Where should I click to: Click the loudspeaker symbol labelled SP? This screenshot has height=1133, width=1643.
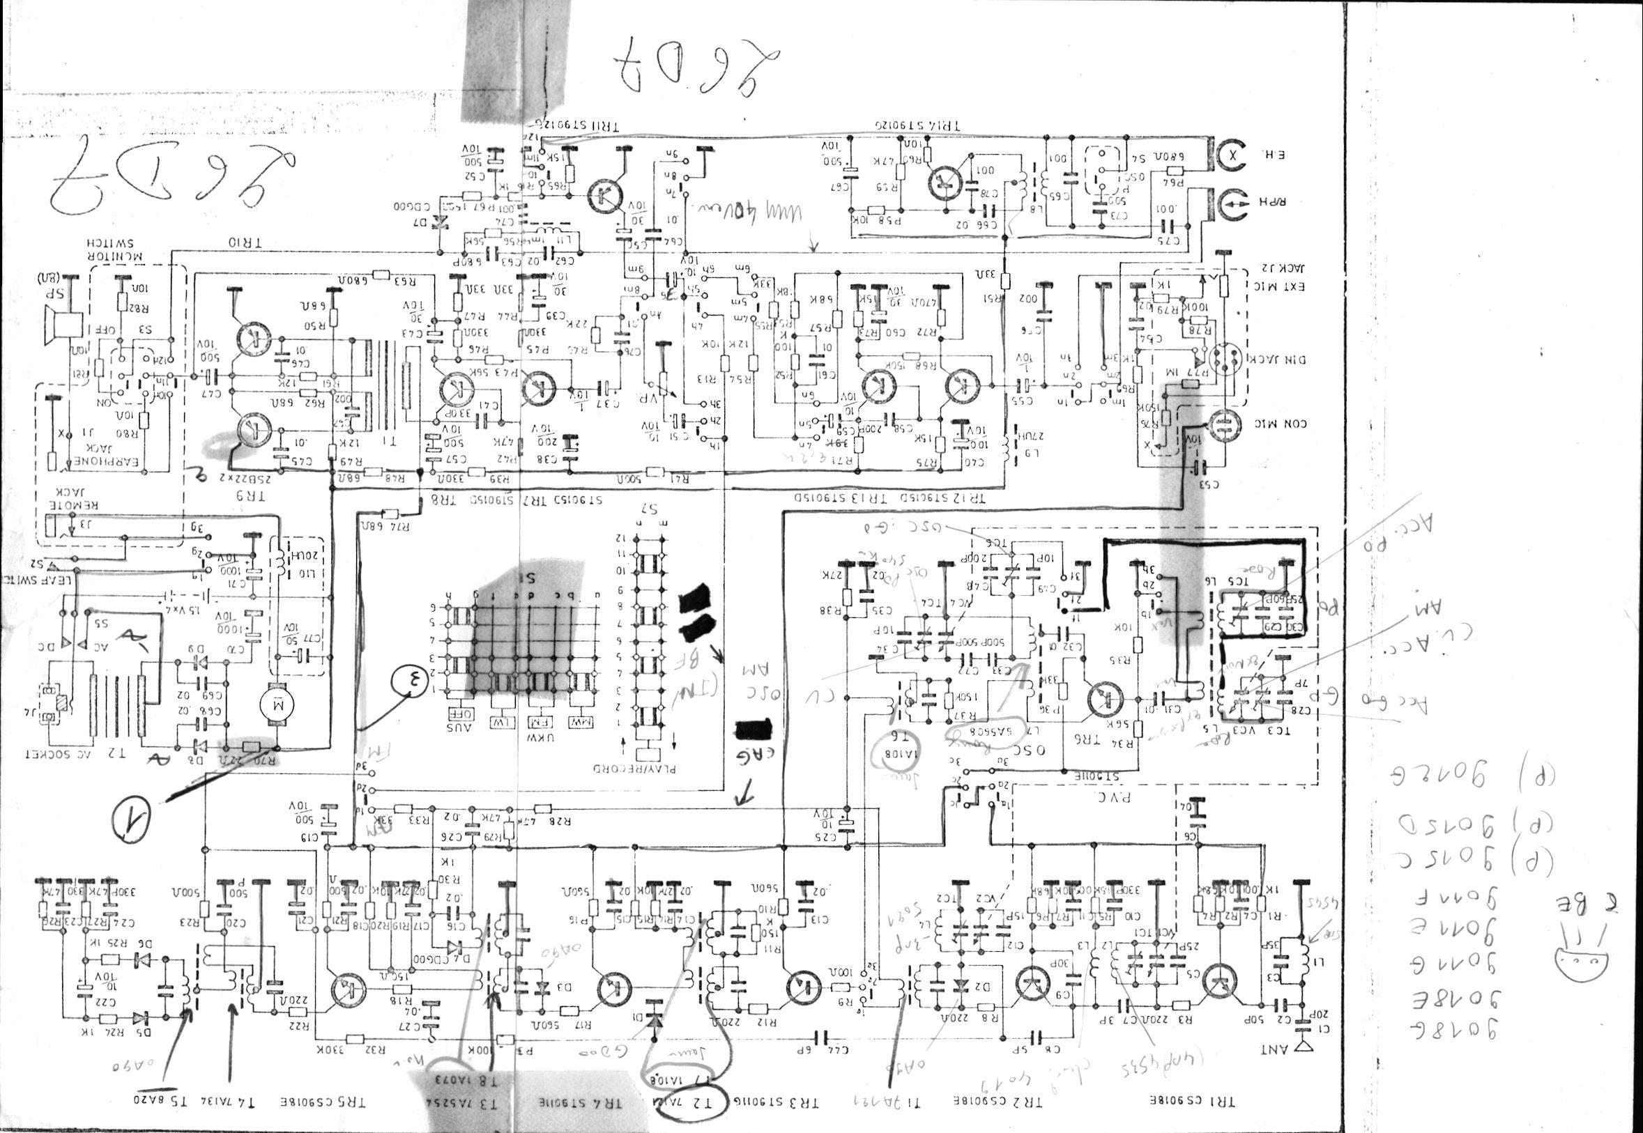coord(62,323)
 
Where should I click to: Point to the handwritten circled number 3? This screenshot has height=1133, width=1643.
coord(408,686)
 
